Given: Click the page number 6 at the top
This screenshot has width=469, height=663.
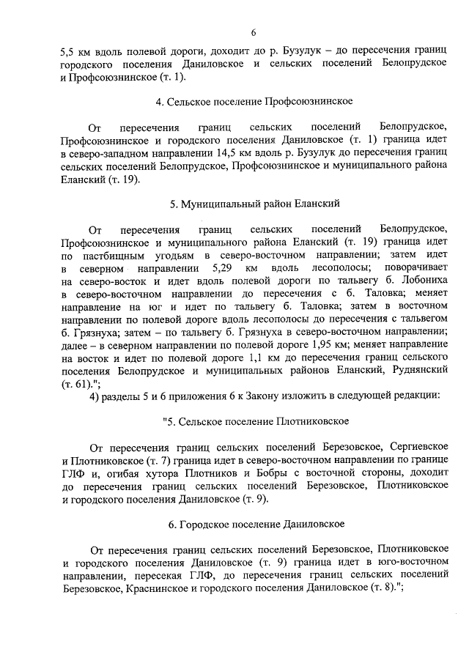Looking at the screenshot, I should coord(253,33).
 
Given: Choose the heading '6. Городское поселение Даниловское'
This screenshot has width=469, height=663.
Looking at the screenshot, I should coord(254,525).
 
